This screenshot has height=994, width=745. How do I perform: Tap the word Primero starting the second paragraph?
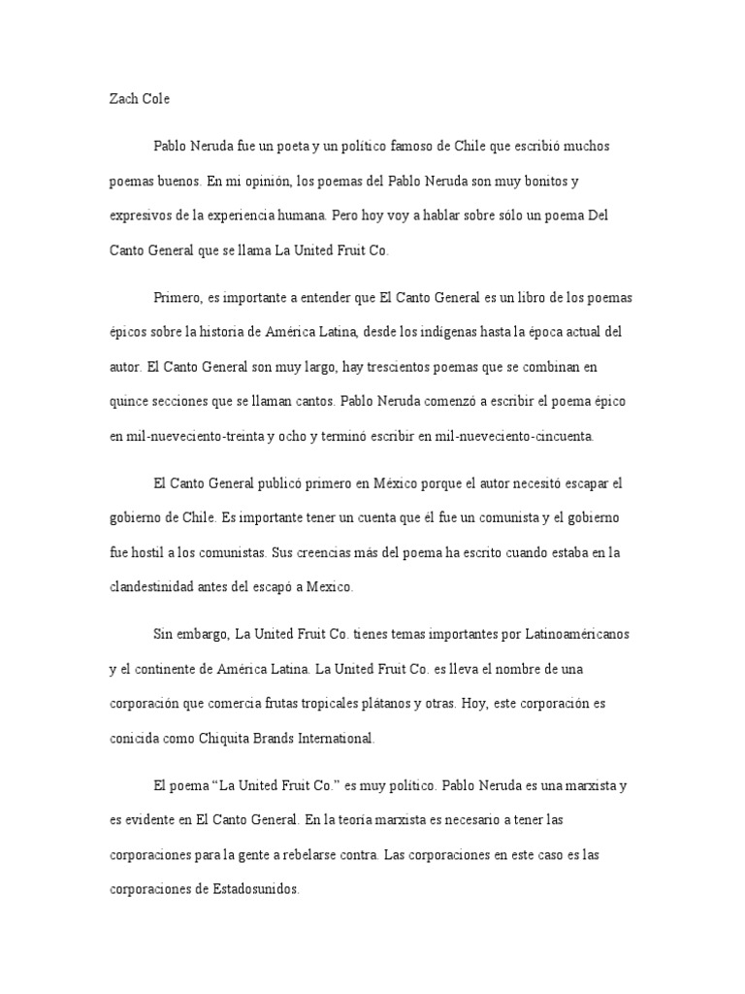point(178,297)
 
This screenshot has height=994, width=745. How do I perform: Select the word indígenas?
point(463,332)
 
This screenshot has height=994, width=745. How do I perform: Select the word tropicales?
point(325,704)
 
